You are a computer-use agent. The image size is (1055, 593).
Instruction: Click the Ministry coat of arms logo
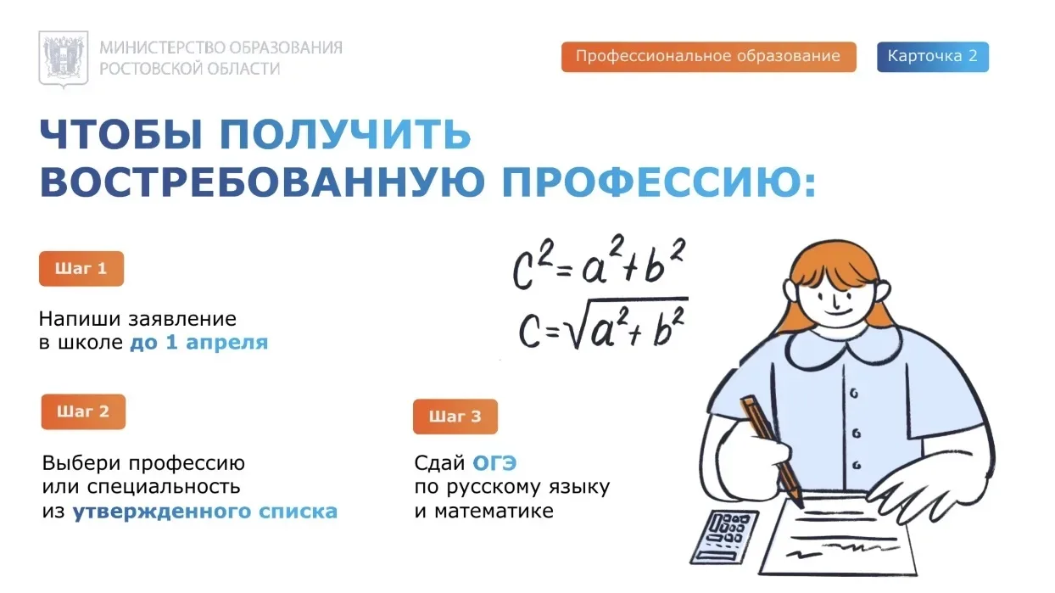pos(64,59)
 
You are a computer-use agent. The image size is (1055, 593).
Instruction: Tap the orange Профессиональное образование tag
pos(709,57)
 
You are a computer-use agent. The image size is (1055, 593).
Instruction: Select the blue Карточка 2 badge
pos(933,57)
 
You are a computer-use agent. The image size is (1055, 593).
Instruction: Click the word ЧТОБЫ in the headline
pos(121,134)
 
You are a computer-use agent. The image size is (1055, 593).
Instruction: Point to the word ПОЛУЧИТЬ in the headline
pos(345,134)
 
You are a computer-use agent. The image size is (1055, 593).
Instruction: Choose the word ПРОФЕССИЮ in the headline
pos(659,182)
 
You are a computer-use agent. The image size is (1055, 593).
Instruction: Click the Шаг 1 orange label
pos(81,268)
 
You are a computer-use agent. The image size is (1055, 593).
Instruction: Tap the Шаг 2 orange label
pos(83,411)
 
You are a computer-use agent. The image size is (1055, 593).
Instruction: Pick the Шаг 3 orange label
pos(455,417)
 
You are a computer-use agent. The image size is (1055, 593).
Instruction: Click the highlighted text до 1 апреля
pos(198,343)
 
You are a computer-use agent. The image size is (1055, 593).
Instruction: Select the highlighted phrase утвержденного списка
pos(205,512)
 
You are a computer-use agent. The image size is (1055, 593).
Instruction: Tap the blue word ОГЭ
pos(494,463)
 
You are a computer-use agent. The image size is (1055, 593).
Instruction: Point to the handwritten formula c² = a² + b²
pos(599,262)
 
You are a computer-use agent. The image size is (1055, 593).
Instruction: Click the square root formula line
pos(603,323)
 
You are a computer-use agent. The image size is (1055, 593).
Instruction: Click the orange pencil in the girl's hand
pos(771,450)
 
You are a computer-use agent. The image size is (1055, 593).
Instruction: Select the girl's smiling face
pos(835,301)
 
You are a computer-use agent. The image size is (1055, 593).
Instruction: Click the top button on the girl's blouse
pos(854,394)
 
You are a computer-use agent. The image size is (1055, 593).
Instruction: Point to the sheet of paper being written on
pos(839,534)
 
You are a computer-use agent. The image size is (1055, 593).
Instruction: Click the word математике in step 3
pos(494,511)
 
